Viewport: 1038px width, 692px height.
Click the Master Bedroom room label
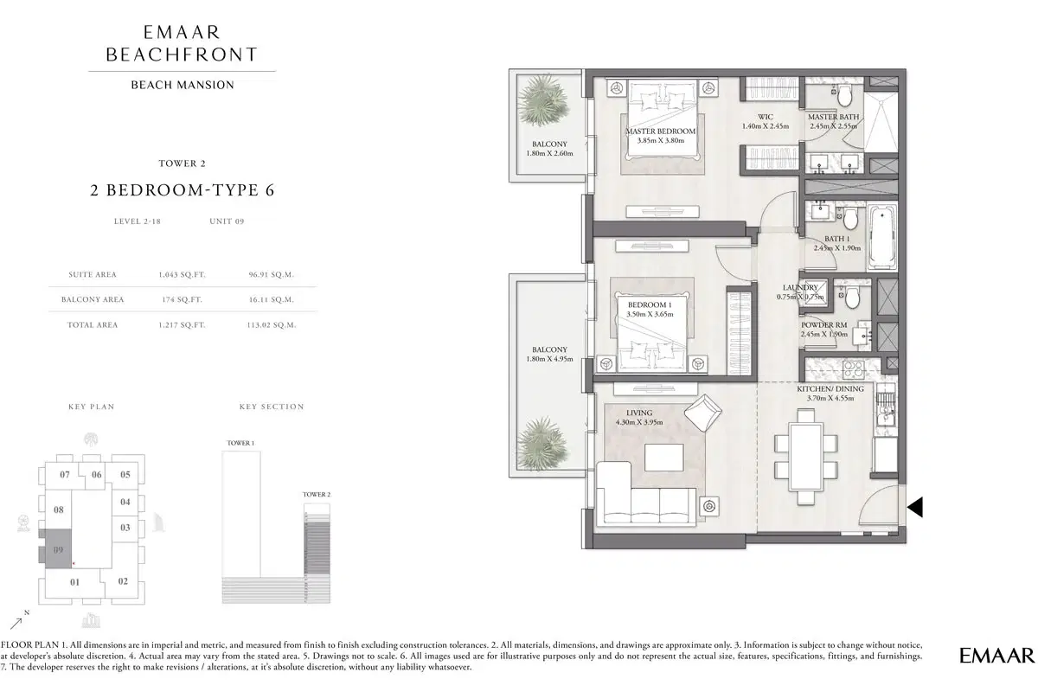[660, 131]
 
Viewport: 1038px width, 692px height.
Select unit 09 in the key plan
[58, 549]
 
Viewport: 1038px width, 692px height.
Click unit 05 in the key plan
[125, 474]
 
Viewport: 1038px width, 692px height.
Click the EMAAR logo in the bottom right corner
[996, 655]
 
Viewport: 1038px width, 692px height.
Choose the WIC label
[766, 117]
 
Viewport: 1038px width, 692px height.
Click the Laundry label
[800, 287]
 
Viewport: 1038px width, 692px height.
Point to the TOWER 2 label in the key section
[316, 494]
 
